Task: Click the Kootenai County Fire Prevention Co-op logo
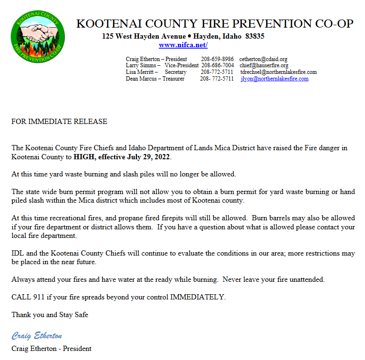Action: coord(38,35)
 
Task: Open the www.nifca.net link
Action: coord(183,45)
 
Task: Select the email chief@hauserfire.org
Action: coord(264,65)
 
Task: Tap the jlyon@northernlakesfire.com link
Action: coord(274,79)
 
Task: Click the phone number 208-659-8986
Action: coord(217,59)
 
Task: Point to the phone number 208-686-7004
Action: coord(218,65)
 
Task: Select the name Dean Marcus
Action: coord(142,79)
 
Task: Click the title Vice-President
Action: coord(182,65)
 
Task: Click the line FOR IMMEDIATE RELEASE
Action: coord(59,122)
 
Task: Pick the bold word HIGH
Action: coord(84,157)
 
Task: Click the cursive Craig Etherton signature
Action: coord(37,336)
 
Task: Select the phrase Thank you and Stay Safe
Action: coord(50,315)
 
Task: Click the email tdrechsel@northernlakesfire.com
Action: coord(278,72)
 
